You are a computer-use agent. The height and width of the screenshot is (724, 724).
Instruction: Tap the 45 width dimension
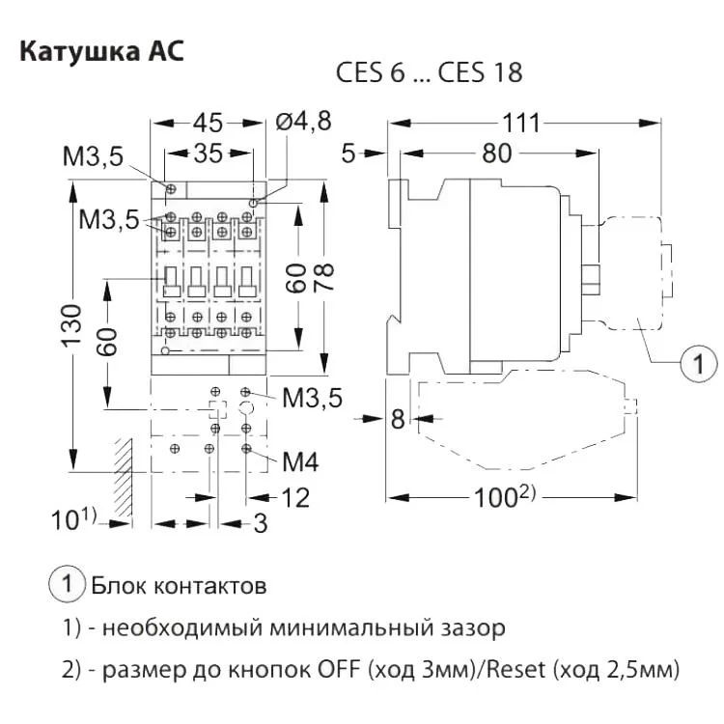[208, 123]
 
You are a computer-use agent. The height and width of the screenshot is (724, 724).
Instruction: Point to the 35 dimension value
[209, 154]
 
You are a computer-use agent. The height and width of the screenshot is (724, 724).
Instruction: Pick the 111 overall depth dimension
[522, 123]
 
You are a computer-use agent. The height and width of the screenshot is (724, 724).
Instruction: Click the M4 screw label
[300, 460]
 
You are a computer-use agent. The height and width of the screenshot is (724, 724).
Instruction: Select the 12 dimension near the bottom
[295, 497]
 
